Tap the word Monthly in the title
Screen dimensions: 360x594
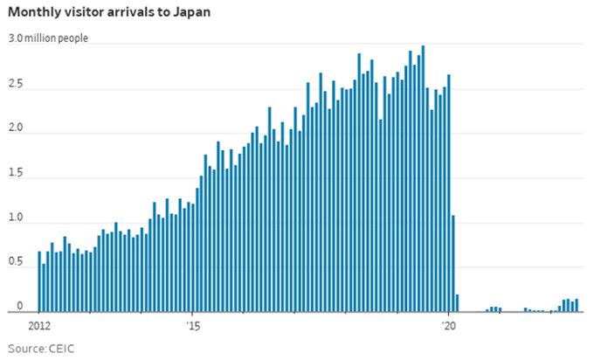tap(34, 14)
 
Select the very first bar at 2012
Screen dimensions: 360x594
tap(39, 281)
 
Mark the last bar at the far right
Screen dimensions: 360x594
tap(577, 305)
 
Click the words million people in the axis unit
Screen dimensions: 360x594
tap(57, 39)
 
